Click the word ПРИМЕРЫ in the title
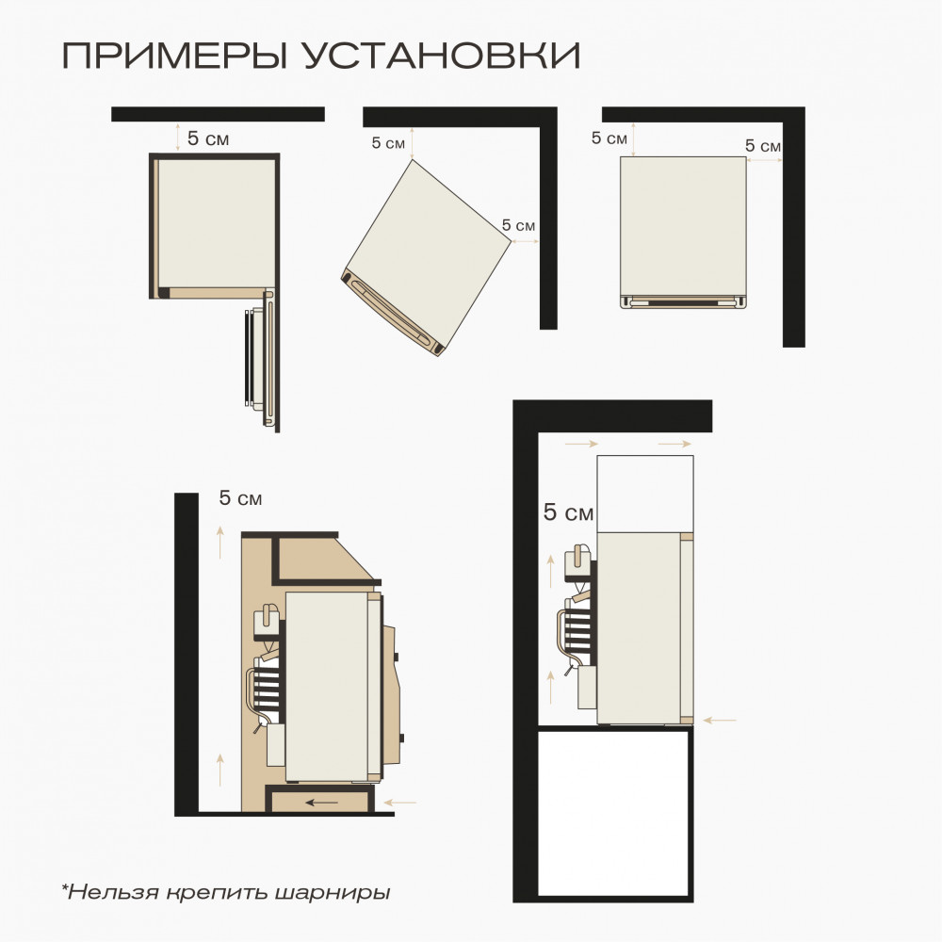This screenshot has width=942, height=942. coord(175,57)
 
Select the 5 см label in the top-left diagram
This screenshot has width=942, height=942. coord(208,139)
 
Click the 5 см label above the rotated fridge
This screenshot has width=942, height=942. coord(388,143)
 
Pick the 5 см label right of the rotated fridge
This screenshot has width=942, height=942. coord(518,226)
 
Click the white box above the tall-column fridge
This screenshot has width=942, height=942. coord(645,493)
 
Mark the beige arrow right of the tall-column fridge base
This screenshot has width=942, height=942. coord(720,721)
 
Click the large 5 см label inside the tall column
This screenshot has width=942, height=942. coord(568,513)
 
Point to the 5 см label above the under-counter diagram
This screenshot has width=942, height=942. coord(240,498)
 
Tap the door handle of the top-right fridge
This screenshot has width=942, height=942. coord(684,302)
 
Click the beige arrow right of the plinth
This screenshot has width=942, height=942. coord(400,803)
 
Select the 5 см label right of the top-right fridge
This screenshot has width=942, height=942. coord(762,146)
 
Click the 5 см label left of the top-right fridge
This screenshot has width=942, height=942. coord(609,138)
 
